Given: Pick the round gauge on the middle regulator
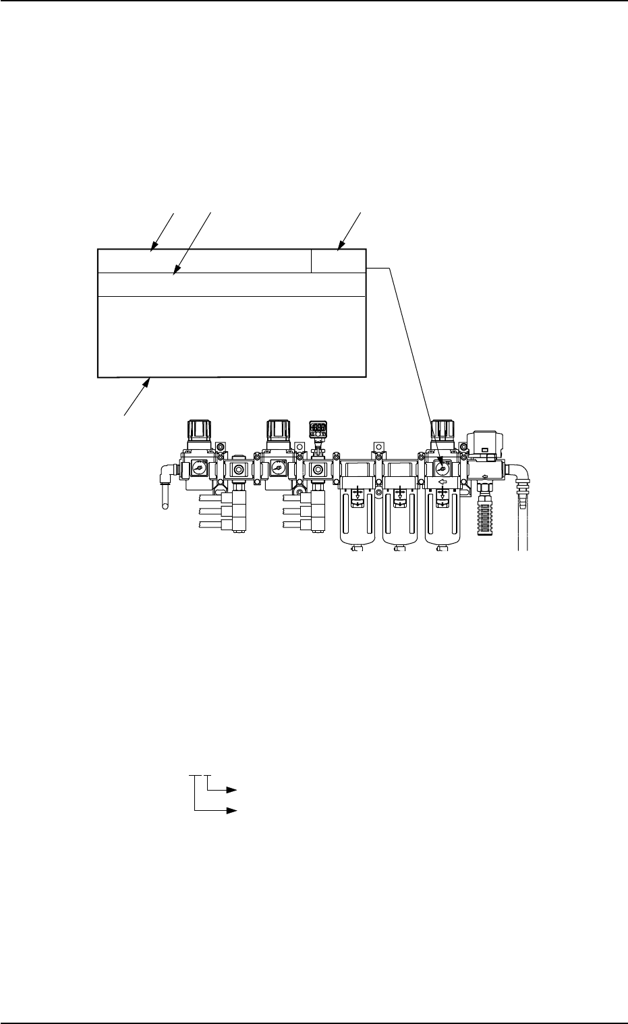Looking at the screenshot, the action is (277, 466).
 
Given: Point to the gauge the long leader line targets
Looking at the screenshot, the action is (443, 466).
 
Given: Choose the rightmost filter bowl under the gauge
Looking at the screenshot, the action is (443, 523).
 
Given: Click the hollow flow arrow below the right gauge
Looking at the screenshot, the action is (443, 483).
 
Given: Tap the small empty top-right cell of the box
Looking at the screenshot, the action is (339, 261).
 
